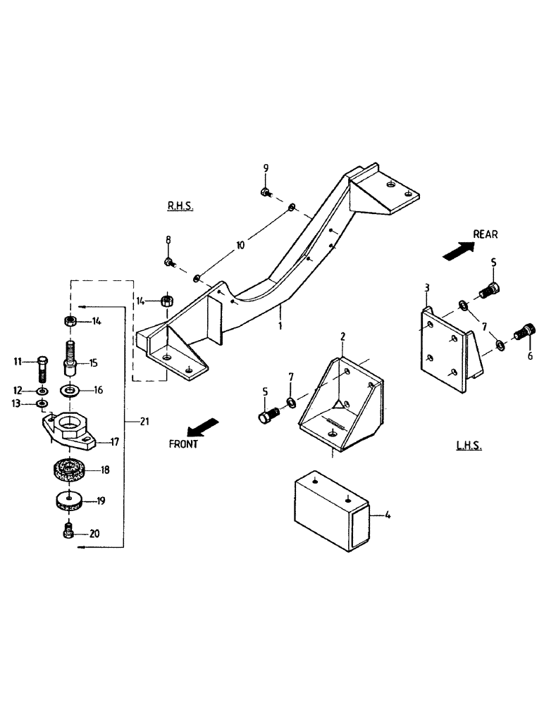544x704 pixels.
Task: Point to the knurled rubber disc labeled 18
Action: (69, 470)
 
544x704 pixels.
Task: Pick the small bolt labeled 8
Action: (169, 263)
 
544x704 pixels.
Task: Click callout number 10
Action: (240, 246)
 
